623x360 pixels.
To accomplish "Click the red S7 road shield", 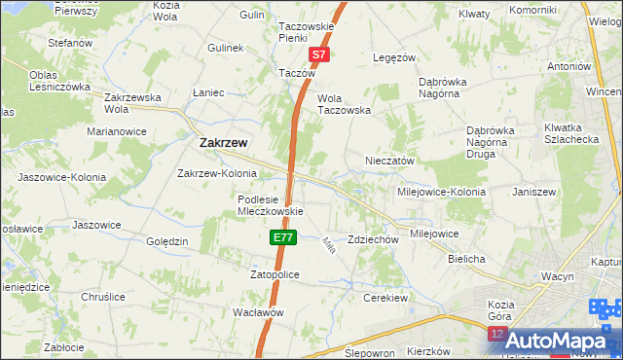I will (x=320, y=55).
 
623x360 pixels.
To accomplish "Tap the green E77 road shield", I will (x=282, y=237).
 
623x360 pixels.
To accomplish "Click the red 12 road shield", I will (x=496, y=334).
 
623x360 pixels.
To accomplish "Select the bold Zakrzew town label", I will (x=223, y=142).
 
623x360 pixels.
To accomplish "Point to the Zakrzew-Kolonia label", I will (x=215, y=174).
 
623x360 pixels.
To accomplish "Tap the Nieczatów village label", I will (x=390, y=161).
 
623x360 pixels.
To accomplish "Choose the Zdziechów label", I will (x=374, y=239).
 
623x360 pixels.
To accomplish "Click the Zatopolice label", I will (x=274, y=275).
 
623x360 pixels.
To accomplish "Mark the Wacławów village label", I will (x=257, y=312).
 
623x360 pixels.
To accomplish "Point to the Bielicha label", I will (x=466, y=259).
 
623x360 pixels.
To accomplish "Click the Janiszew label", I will (x=533, y=192).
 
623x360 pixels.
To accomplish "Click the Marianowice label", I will (x=117, y=130).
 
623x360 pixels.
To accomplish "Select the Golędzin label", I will (x=166, y=241).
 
